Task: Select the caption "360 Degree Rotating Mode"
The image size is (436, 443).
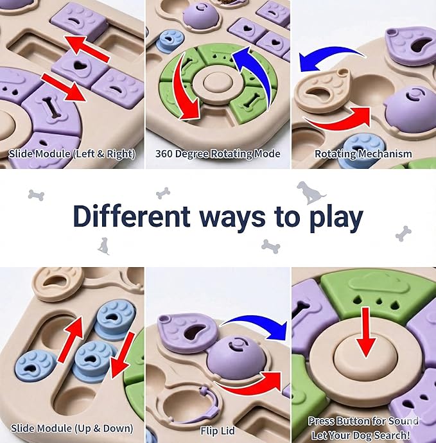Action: tap(218, 154)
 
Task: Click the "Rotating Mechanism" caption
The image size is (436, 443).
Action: tap(363, 154)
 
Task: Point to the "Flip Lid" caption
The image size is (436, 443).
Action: tap(218, 428)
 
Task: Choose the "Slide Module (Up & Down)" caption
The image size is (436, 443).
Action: tap(72, 428)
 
